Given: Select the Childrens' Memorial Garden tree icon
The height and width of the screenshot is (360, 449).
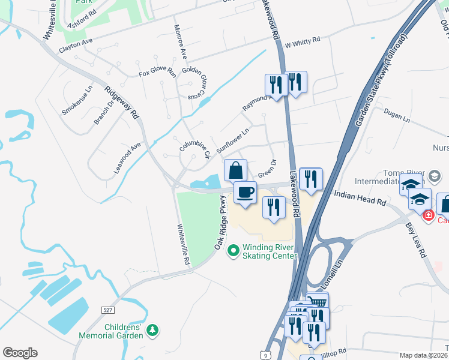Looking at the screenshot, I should click(153, 329).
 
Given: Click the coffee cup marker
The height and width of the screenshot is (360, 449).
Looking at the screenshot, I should click(245, 193).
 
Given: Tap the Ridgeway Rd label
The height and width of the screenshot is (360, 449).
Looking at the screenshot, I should click(122, 103).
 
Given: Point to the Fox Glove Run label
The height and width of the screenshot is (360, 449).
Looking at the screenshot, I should click(157, 73).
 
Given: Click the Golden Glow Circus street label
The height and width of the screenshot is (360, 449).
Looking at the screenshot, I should click(194, 83).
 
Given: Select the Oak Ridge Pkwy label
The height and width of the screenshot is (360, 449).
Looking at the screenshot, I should click(220, 223).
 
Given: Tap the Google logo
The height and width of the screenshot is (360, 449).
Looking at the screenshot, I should click(20, 353).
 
